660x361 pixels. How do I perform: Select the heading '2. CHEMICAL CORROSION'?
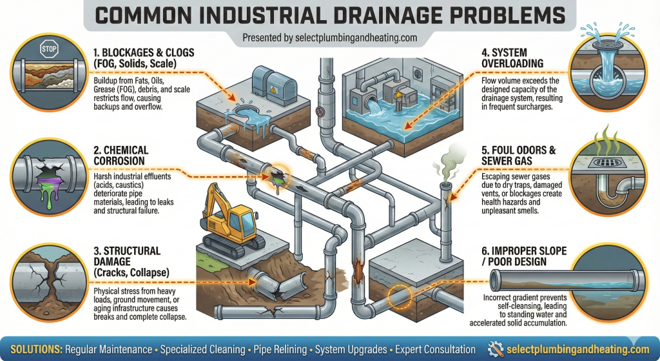click(122, 156)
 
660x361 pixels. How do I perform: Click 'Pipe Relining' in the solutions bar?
click(278, 349)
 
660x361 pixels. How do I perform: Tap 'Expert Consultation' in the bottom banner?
click(435, 349)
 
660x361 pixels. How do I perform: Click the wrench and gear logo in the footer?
click(496, 349)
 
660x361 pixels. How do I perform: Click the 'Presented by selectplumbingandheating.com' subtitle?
click(329, 38)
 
